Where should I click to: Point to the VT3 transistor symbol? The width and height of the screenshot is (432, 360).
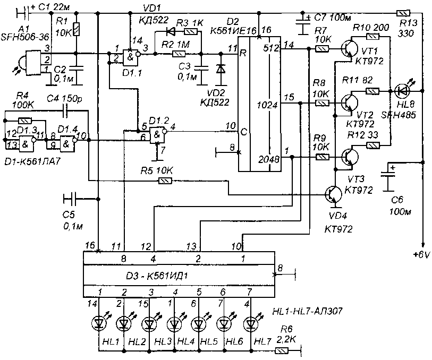click(x=348, y=158)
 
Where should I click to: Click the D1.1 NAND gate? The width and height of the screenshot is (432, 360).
click(x=129, y=56)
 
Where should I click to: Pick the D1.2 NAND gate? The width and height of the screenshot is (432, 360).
click(x=157, y=135)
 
